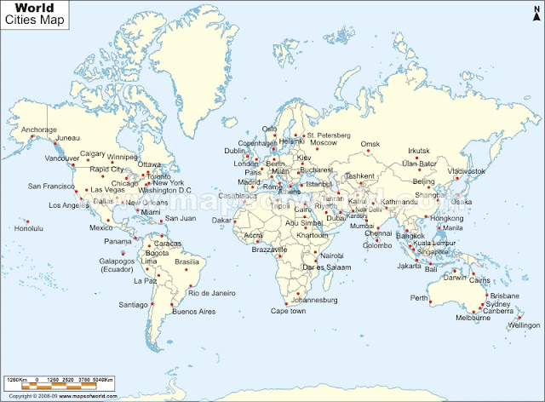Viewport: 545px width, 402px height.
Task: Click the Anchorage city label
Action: tap(39, 129)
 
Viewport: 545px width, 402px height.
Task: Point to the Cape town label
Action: tap(288, 311)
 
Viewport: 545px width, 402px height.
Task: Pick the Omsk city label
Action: tap(369, 144)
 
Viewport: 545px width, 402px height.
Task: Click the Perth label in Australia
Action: tap(418, 298)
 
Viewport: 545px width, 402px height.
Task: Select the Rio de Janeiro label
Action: tap(210, 293)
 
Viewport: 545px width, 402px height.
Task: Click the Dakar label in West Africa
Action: tap(222, 220)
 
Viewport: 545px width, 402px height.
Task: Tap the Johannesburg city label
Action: tap(314, 300)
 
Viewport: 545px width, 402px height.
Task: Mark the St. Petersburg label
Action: tap(329, 135)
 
